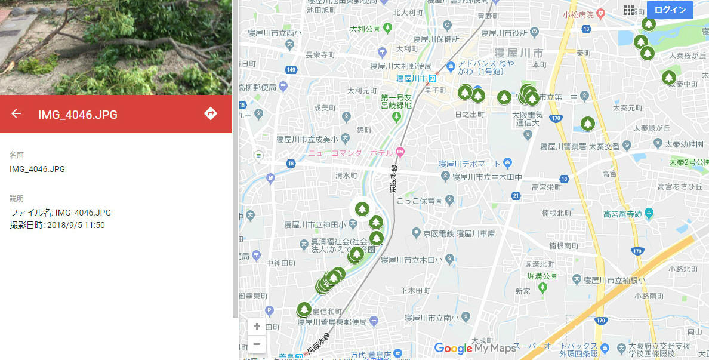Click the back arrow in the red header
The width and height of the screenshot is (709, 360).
(16, 113)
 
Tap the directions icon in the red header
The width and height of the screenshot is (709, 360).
(211, 113)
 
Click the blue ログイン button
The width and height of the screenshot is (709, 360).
(670, 10)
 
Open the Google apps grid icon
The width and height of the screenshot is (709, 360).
(629, 10)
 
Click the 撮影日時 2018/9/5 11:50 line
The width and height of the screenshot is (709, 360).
(57, 225)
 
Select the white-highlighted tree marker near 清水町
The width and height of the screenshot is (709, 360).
(362, 209)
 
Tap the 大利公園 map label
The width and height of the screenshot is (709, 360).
(365, 29)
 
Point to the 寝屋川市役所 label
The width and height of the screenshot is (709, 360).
(504, 32)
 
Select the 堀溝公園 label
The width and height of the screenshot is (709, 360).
(542, 276)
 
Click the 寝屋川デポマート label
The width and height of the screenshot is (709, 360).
(469, 164)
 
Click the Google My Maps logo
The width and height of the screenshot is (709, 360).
(474, 348)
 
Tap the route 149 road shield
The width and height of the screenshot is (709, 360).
(291, 70)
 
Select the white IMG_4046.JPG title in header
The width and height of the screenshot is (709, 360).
(78, 114)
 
